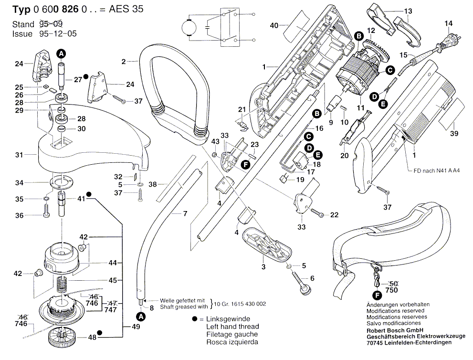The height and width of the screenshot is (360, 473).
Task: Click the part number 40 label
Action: click(273, 25)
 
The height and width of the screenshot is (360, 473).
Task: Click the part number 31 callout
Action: click(19, 154)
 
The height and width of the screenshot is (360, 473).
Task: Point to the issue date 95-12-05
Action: click(58, 34)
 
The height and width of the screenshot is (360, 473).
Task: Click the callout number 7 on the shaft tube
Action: click(185, 214)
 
